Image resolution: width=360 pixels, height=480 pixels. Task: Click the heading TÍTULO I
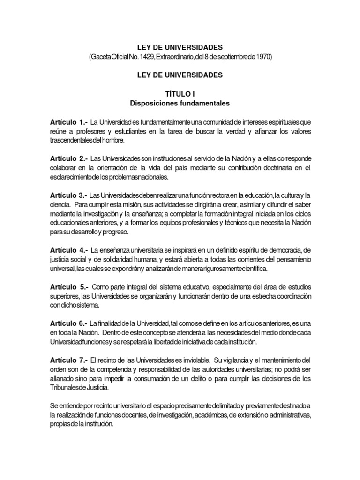(180, 94)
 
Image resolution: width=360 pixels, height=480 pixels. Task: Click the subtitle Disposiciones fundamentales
(180, 103)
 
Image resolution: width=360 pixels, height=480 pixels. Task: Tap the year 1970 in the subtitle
(261, 56)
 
